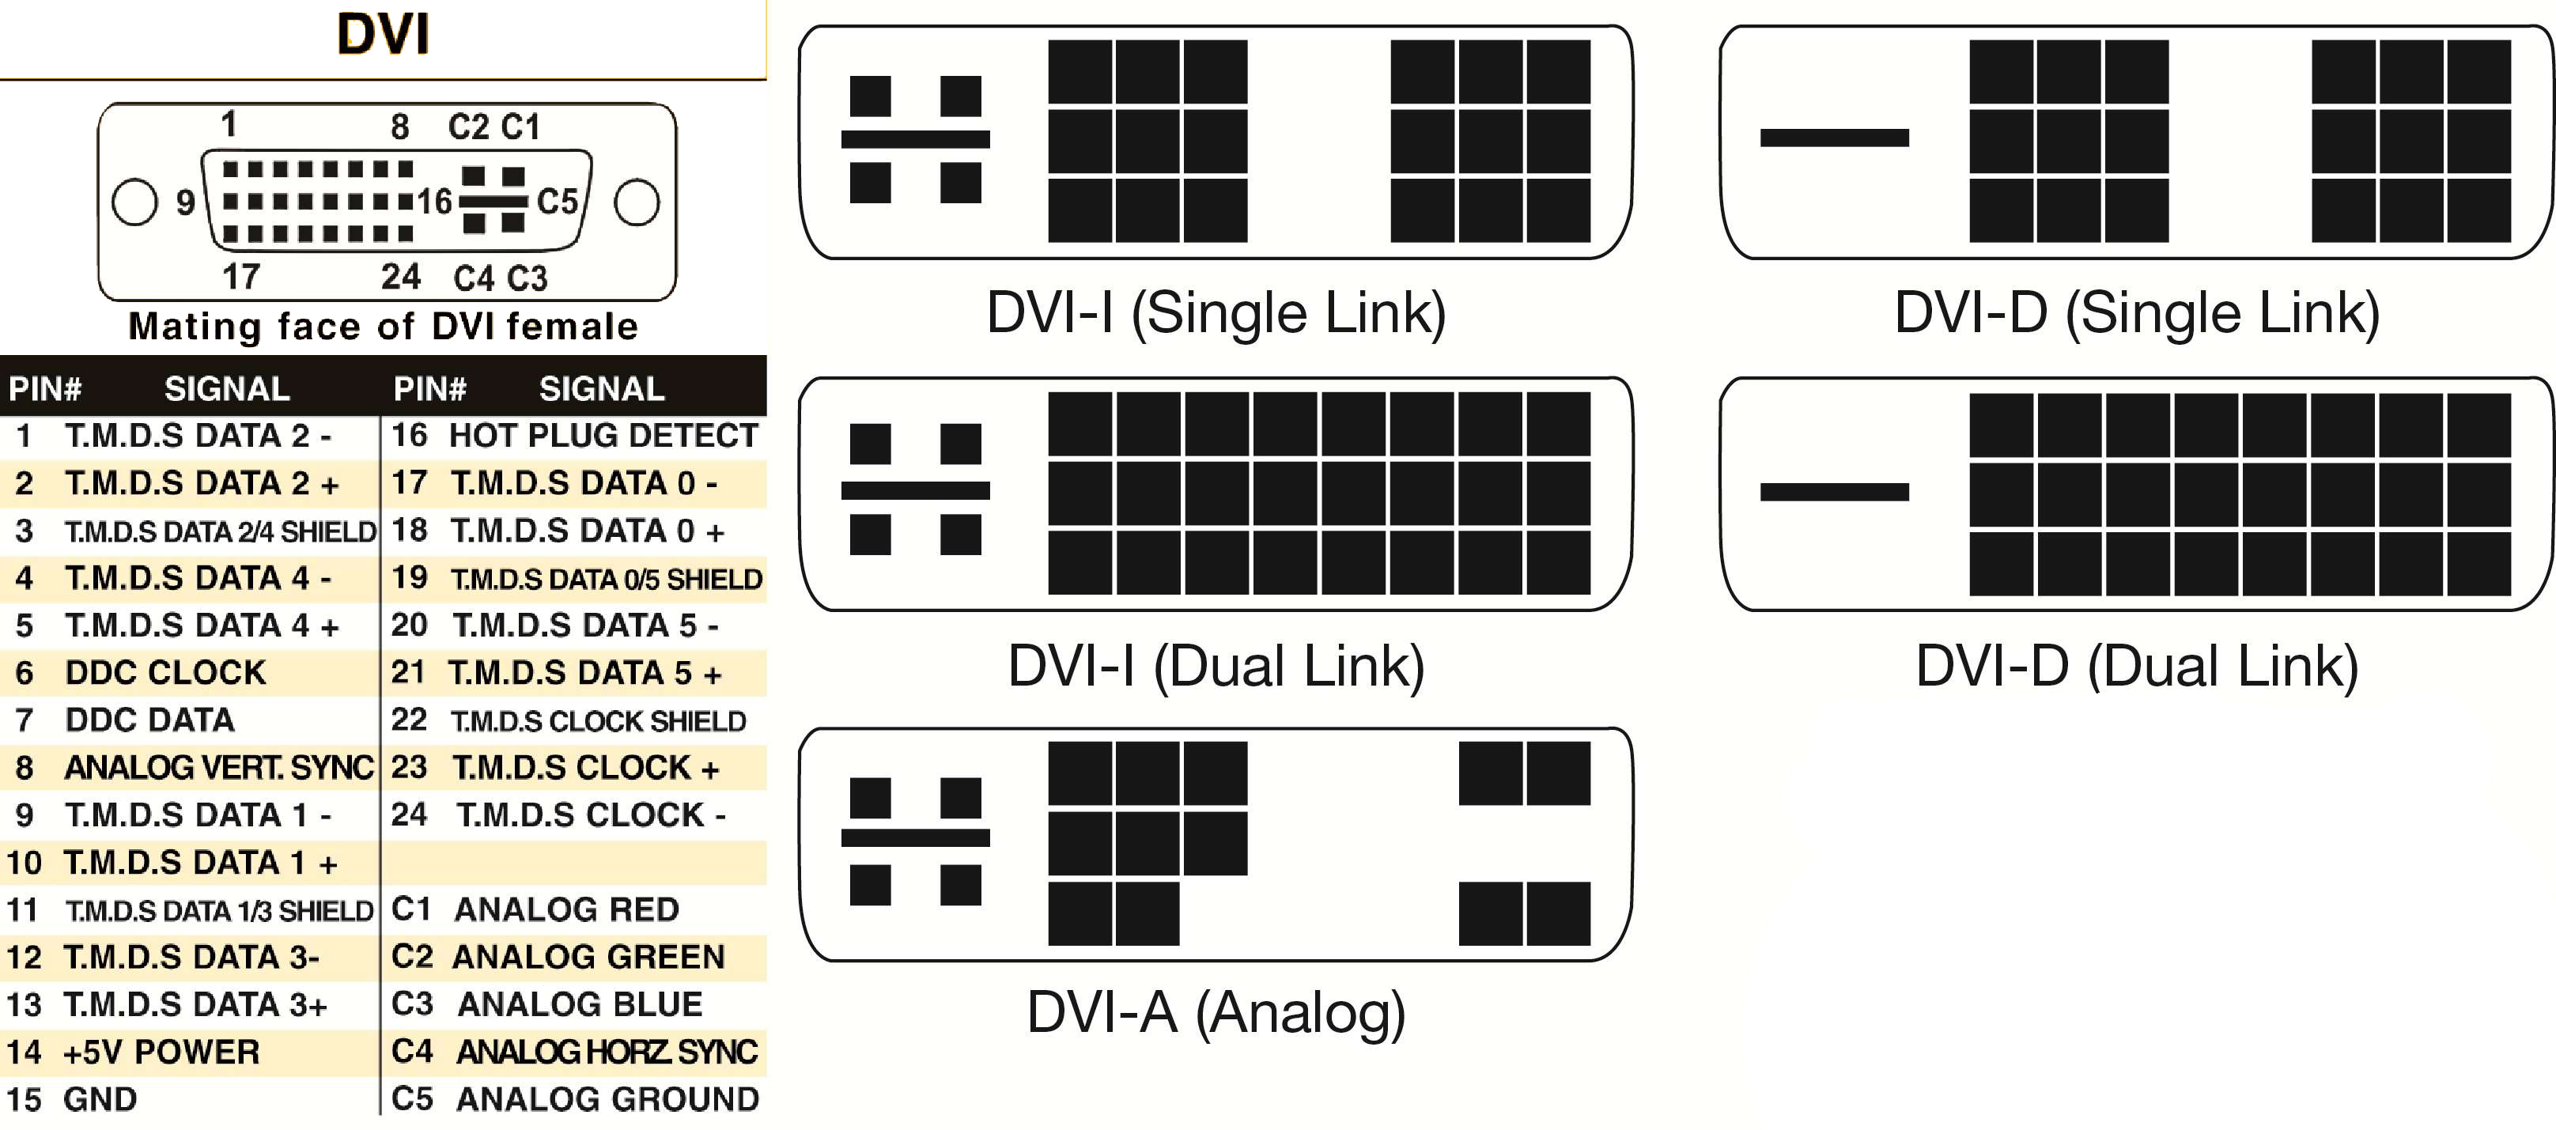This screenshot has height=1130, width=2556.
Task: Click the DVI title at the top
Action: (x=383, y=34)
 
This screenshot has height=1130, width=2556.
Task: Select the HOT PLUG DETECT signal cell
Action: (x=603, y=436)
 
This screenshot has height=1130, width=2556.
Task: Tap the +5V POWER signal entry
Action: (x=161, y=1052)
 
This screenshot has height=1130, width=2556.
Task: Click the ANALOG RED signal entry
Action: (x=566, y=909)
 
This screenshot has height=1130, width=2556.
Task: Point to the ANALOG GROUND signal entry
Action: (x=607, y=1098)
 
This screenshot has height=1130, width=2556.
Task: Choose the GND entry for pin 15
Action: (x=99, y=1099)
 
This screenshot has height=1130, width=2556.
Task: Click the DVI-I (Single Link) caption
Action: (x=1216, y=312)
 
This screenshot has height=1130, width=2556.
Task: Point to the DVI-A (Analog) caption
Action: (x=1216, y=1013)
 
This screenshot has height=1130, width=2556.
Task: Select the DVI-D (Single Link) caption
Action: (x=2136, y=312)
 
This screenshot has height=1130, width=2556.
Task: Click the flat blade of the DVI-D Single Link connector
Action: (x=1834, y=138)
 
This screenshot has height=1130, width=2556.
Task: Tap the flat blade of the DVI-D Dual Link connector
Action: (x=1834, y=492)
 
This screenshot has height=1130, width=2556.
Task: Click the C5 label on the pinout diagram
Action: (x=558, y=202)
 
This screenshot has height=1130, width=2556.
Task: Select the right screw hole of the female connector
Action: (x=636, y=202)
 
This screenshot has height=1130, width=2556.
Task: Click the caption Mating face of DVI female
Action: (x=383, y=327)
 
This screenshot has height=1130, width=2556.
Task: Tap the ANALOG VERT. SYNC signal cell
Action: (x=218, y=767)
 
